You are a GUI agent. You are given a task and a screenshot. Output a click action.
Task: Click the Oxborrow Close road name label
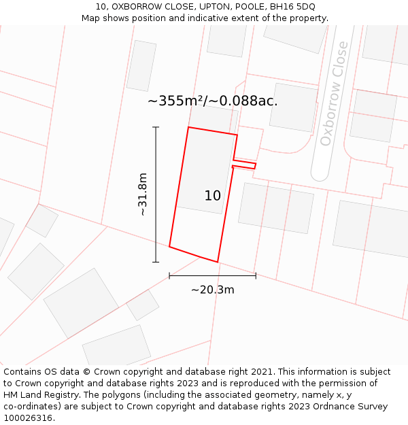(x=335, y=93)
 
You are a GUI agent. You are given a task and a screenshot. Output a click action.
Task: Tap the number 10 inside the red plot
(x=212, y=196)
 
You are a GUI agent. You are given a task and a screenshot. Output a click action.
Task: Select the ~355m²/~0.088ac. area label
(x=212, y=101)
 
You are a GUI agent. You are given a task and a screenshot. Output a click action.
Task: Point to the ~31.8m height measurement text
(x=142, y=194)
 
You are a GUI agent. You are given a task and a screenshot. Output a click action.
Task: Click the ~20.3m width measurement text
(x=212, y=290)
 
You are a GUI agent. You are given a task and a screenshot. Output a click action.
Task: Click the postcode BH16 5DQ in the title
(x=292, y=7)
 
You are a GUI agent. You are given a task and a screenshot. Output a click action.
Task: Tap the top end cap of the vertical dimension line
(x=156, y=127)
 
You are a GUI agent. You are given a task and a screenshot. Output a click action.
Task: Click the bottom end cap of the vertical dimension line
(x=156, y=262)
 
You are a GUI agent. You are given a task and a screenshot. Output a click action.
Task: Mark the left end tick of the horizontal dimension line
(x=169, y=275)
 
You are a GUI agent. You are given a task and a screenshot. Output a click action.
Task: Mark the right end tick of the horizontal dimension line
(x=256, y=275)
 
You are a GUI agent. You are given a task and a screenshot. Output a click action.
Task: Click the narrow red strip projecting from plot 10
(x=244, y=165)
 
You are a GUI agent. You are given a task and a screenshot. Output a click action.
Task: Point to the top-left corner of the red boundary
(x=188, y=127)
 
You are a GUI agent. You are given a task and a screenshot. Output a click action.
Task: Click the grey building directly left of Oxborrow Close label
(x=293, y=107)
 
